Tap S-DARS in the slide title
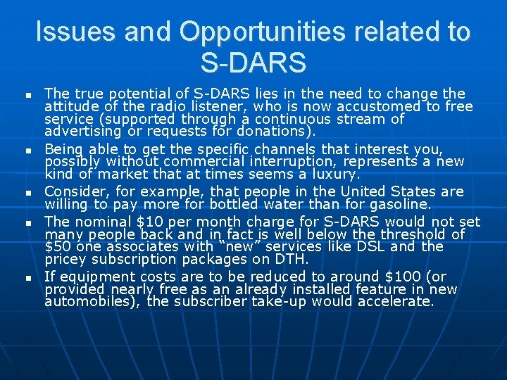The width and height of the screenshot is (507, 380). point(254,63)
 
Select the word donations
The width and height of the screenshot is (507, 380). point(276,132)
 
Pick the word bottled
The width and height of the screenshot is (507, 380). point(243,204)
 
